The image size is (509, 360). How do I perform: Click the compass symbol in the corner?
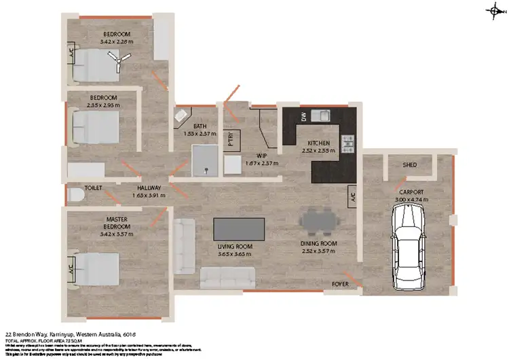point(494,10)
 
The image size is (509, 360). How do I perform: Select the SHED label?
point(409,165)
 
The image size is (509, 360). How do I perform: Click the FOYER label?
point(340,283)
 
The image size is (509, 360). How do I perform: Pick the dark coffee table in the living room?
point(239,227)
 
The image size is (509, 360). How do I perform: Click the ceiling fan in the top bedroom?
point(119,63)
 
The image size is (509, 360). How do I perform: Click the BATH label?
point(200,126)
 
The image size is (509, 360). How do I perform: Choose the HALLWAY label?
point(149,188)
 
